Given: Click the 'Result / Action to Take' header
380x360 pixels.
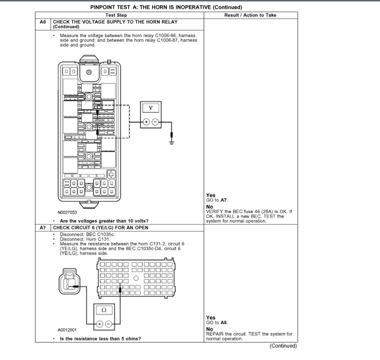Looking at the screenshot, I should click(x=250, y=15).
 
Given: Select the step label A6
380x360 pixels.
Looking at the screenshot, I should click(x=43, y=22).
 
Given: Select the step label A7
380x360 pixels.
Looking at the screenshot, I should click(x=43, y=228).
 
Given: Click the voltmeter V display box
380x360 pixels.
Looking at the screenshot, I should click(x=150, y=108).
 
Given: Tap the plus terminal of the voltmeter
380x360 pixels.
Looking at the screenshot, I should click(x=146, y=122).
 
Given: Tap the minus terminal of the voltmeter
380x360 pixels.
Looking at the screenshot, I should click(x=155, y=122).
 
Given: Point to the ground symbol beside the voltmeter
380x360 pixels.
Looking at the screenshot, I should click(x=172, y=141).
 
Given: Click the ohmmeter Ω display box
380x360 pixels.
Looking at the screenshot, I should click(x=104, y=310).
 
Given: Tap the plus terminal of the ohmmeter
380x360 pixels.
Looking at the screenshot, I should click(x=99, y=324).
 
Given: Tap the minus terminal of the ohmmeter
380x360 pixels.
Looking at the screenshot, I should click(x=108, y=324).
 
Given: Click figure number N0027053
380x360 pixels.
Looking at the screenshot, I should click(x=68, y=212).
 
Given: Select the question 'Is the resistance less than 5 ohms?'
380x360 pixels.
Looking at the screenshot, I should click(x=100, y=339).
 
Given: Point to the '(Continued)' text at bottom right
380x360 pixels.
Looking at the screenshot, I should click(x=283, y=346).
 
